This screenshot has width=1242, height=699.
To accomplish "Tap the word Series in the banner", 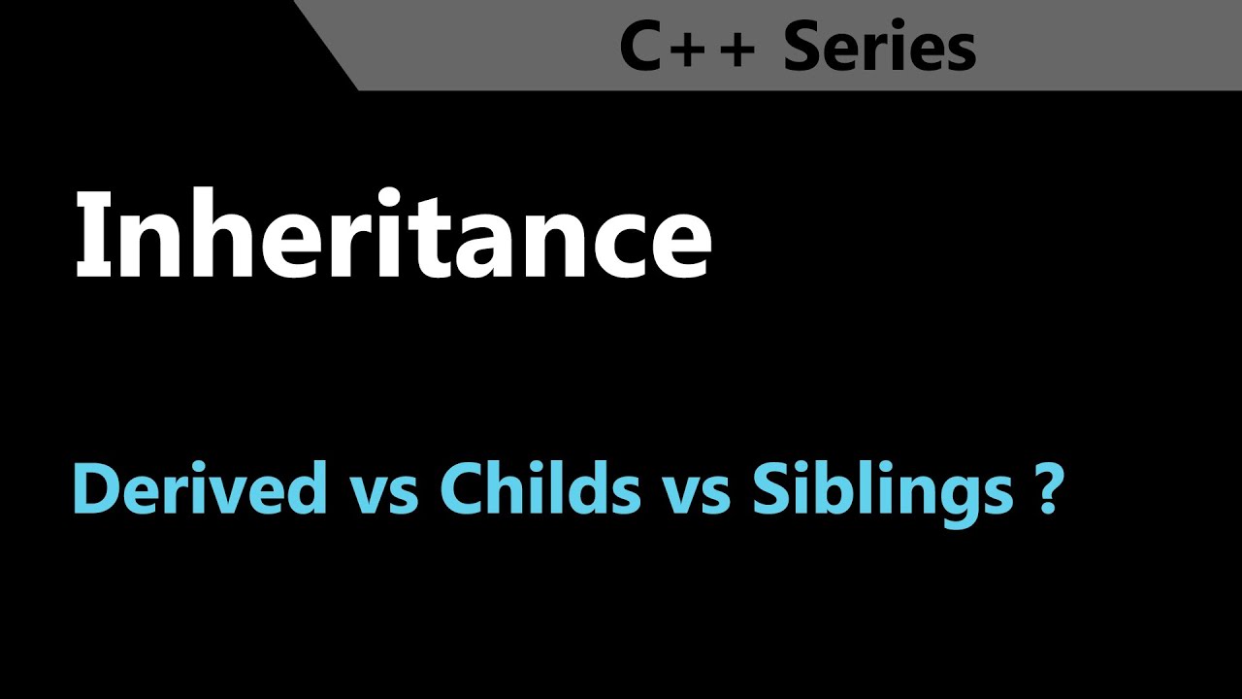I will point(879,48).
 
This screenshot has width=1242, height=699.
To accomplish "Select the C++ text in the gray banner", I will point(687,48).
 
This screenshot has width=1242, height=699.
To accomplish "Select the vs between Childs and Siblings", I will point(696,494).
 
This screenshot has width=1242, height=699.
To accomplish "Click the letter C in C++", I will point(640,48).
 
